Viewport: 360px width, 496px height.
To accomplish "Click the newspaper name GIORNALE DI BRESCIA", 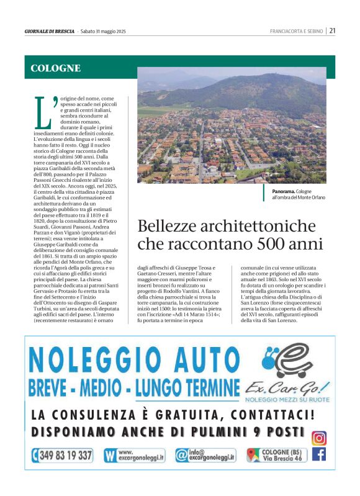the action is tap(50, 31).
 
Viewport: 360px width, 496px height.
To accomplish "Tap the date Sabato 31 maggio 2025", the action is tap(103, 31).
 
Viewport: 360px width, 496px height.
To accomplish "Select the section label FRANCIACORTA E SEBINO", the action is tap(297, 31).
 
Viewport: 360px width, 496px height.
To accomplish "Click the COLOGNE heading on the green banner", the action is tap(56, 68).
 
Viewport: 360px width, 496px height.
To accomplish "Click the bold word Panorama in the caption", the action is tap(283, 192).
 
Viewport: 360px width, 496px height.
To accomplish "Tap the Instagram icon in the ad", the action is tap(319, 438).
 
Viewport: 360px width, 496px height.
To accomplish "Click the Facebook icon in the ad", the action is tap(319, 454).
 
